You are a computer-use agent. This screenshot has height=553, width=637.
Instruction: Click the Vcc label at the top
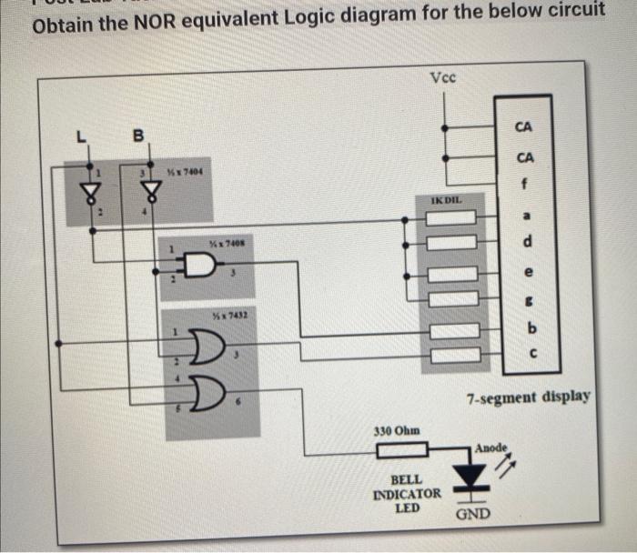444,78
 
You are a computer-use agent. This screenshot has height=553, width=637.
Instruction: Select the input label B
138,137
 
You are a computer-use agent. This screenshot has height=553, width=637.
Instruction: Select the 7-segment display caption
529,397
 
